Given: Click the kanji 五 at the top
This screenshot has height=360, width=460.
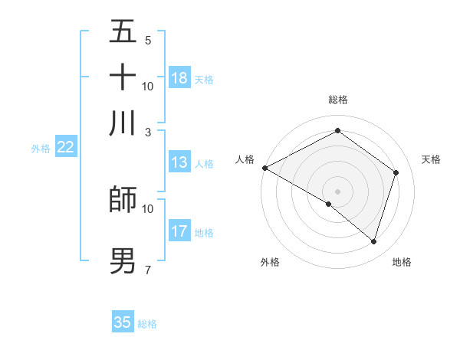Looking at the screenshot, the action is (x=123, y=31).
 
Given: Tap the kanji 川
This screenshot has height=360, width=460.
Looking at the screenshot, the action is (x=123, y=123).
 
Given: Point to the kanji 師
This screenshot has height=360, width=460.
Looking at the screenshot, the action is (x=123, y=199).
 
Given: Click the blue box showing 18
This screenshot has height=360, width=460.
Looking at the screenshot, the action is (x=179, y=78).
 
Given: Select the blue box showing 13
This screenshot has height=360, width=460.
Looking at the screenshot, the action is (x=179, y=162).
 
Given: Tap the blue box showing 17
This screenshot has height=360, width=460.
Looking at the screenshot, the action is (x=179, y=231).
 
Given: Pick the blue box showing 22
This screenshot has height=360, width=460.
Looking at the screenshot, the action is (x=65, y=148).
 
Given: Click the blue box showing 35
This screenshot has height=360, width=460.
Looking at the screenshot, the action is (x=123, y=322).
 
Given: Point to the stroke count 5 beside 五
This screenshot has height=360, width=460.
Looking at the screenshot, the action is (x=147, y=40).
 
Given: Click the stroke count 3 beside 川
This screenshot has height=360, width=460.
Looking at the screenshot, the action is (x=147, y=131).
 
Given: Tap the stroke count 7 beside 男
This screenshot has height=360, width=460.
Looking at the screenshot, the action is (x=147, y=270).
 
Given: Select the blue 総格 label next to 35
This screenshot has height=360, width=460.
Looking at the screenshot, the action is (x=147, y=324).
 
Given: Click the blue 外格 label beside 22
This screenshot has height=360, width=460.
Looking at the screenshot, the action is (x=41, y=149).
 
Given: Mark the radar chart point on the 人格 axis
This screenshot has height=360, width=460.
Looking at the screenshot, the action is (x=264, y=168).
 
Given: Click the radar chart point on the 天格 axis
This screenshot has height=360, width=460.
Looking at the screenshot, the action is (x=396, y=172).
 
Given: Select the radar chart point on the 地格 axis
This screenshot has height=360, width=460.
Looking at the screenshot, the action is (x=373, y=241).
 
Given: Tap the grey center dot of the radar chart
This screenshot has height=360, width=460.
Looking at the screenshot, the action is (x=337, y=191).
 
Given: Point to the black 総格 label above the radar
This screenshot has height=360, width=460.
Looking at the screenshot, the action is (x=337, y=100).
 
